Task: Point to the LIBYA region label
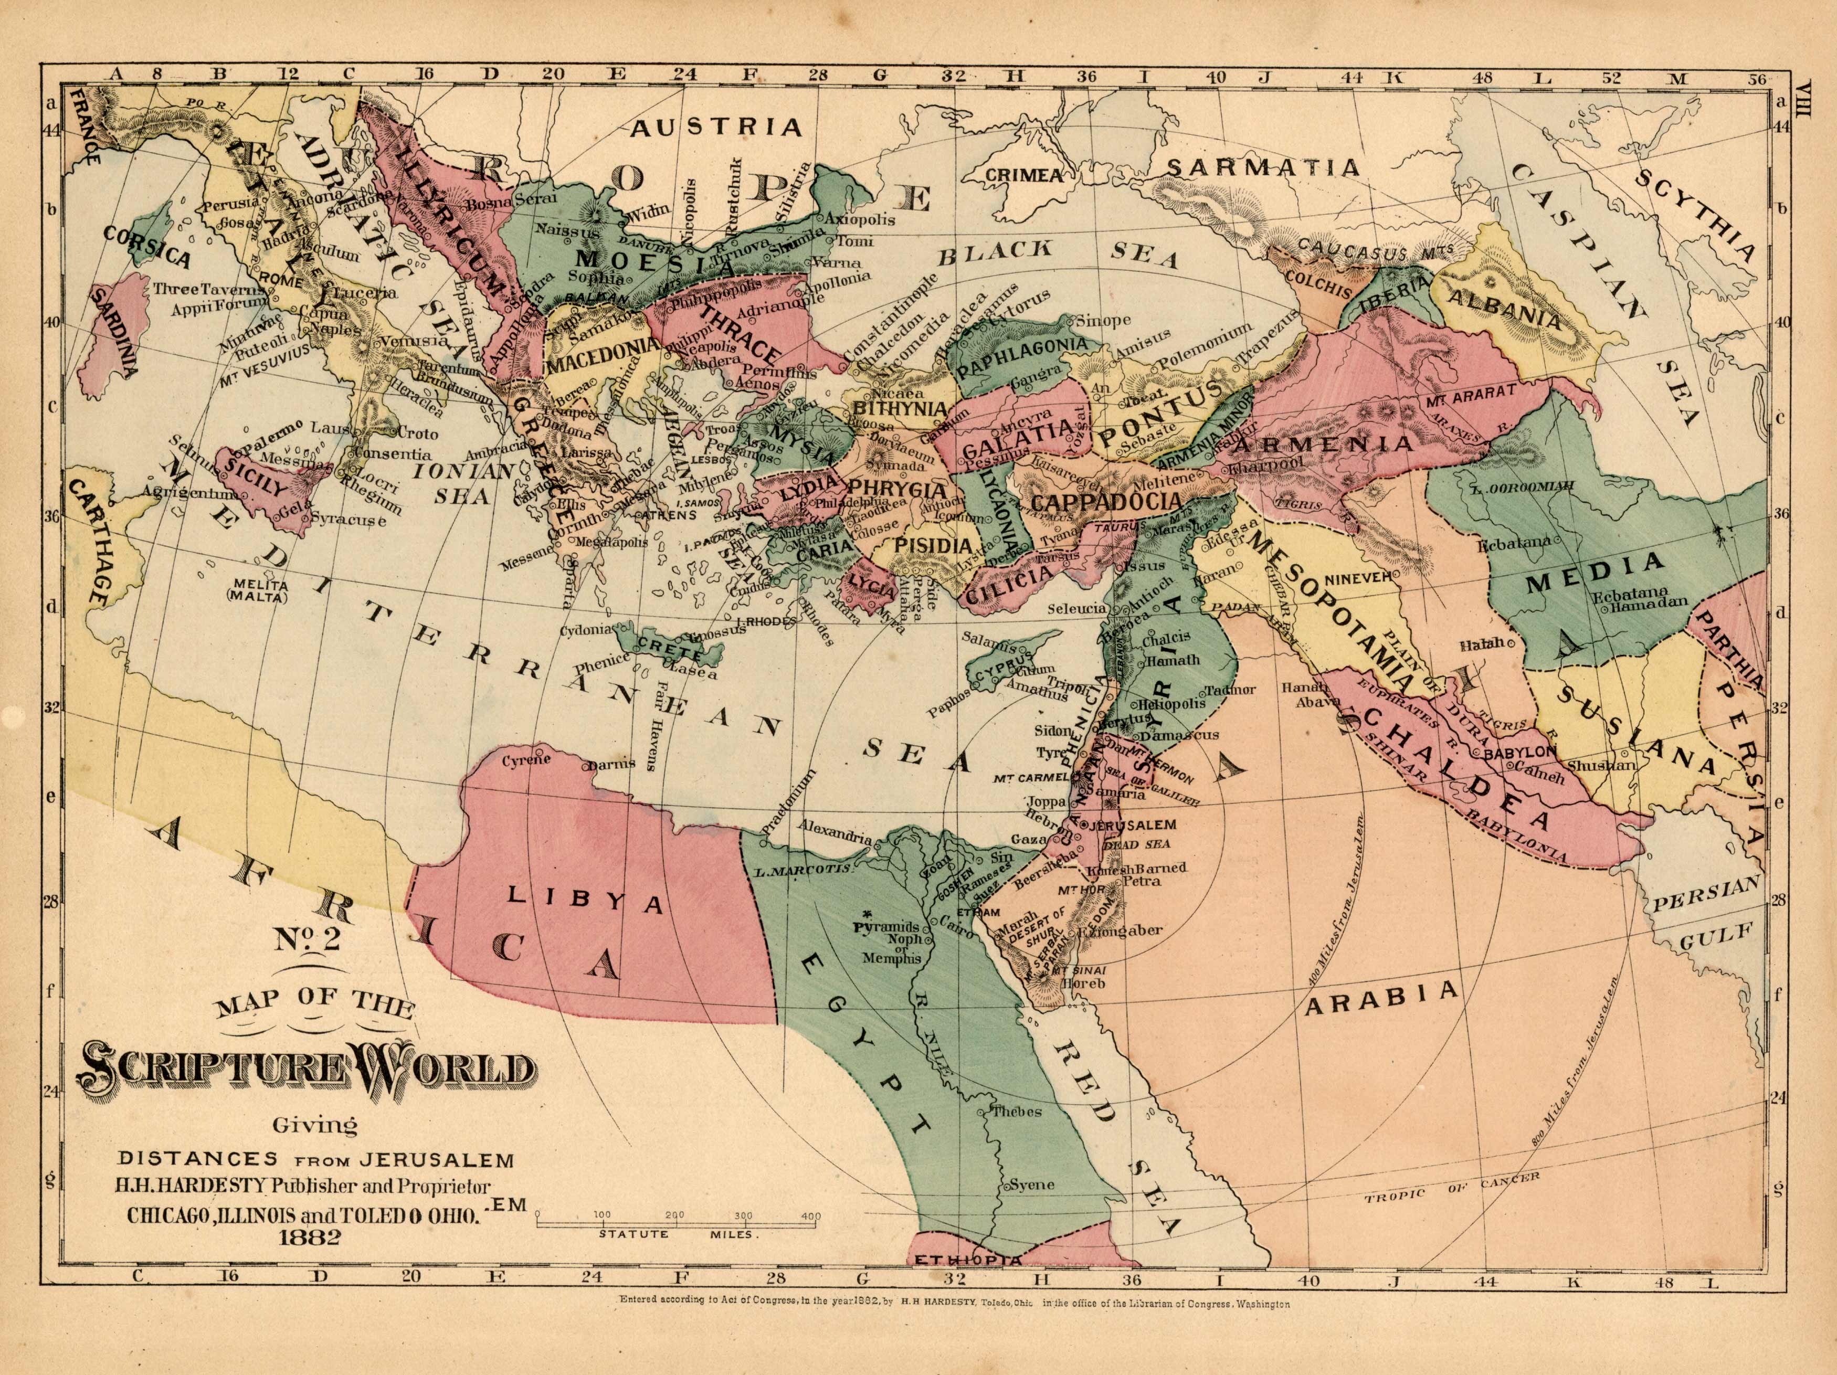[x=584, y=900]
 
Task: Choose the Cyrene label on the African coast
[x=526, y=760]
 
